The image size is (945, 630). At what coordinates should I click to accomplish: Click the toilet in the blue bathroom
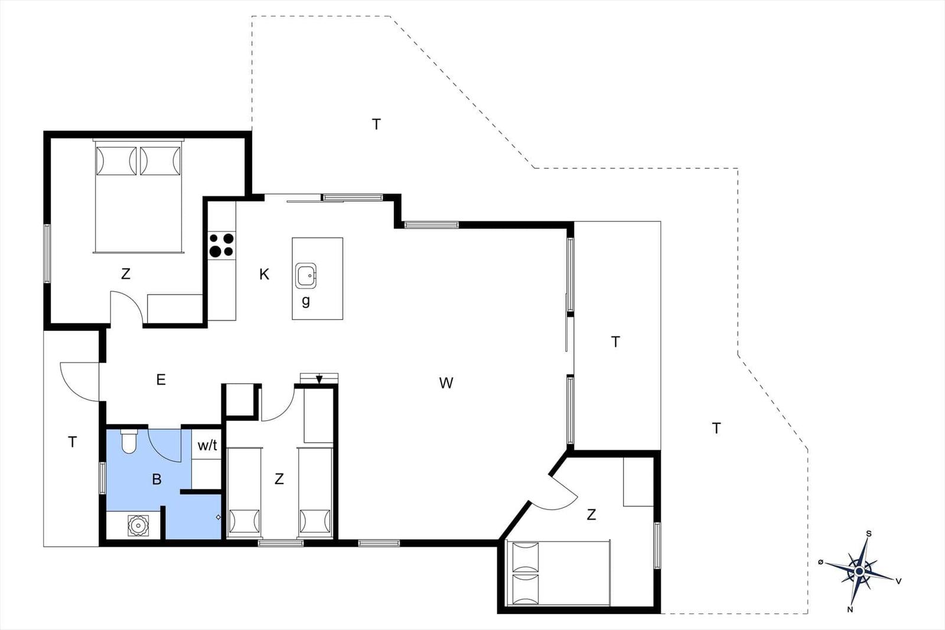[x=129, y=440]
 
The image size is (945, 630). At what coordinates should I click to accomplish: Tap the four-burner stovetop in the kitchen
[x=221, y=245]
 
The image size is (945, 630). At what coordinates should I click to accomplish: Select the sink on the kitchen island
[x=306, y=276]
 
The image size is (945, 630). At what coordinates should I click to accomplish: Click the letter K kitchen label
[x=264, y=275]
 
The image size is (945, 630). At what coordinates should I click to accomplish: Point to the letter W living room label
[x=446, y=383]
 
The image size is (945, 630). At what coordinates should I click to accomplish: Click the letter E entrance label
[x=161, y=380]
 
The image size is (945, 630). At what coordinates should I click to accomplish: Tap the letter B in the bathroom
[x=157, y=479]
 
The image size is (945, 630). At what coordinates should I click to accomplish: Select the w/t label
[x=207, y=445]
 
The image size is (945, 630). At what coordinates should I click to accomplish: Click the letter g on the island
[x=306, y=301]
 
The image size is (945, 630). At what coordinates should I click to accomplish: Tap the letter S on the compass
[x=869, y=533]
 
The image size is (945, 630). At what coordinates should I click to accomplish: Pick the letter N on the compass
[x=850, y=609]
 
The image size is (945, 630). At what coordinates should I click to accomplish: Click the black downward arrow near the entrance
[x=320, y=380]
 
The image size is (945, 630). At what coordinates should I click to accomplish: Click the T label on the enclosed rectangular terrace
[x=615, y=341]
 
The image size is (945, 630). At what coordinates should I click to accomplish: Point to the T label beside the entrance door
[x=72, y=442]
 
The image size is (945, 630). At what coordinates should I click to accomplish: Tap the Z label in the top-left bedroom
[x=125, y=274]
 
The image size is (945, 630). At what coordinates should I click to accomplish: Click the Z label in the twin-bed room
[x=279, y=479]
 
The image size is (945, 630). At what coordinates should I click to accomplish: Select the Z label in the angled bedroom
[x=591, y=514]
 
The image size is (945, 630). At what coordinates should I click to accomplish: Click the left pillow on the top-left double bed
[x=116, y=161]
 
